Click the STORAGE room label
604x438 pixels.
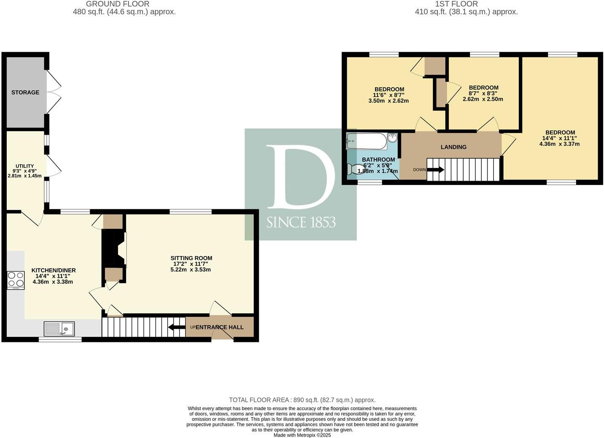click(25, 92)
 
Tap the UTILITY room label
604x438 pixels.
click(24, 166)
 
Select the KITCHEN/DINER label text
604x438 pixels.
click(54, 270)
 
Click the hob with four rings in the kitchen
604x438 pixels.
click(16, 280)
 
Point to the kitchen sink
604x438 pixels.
click(59, 328)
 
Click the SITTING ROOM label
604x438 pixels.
click(191, 258)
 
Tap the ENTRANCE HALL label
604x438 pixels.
click(220, 327)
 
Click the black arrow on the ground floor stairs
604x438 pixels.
click(176, 327)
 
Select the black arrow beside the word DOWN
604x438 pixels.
click(435, 170)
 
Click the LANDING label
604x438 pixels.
click(454, 147)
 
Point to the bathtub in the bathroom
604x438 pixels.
click(367, 142)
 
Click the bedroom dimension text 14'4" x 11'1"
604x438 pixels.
click(559, 138)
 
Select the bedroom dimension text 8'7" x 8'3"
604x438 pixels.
click(483, 93)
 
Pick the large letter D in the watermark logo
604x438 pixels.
click(301, 177)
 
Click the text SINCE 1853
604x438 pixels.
click(301, 222)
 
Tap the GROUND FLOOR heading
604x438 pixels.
click(118, 4)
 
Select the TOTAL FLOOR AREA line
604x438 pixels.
click(302, 400)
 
